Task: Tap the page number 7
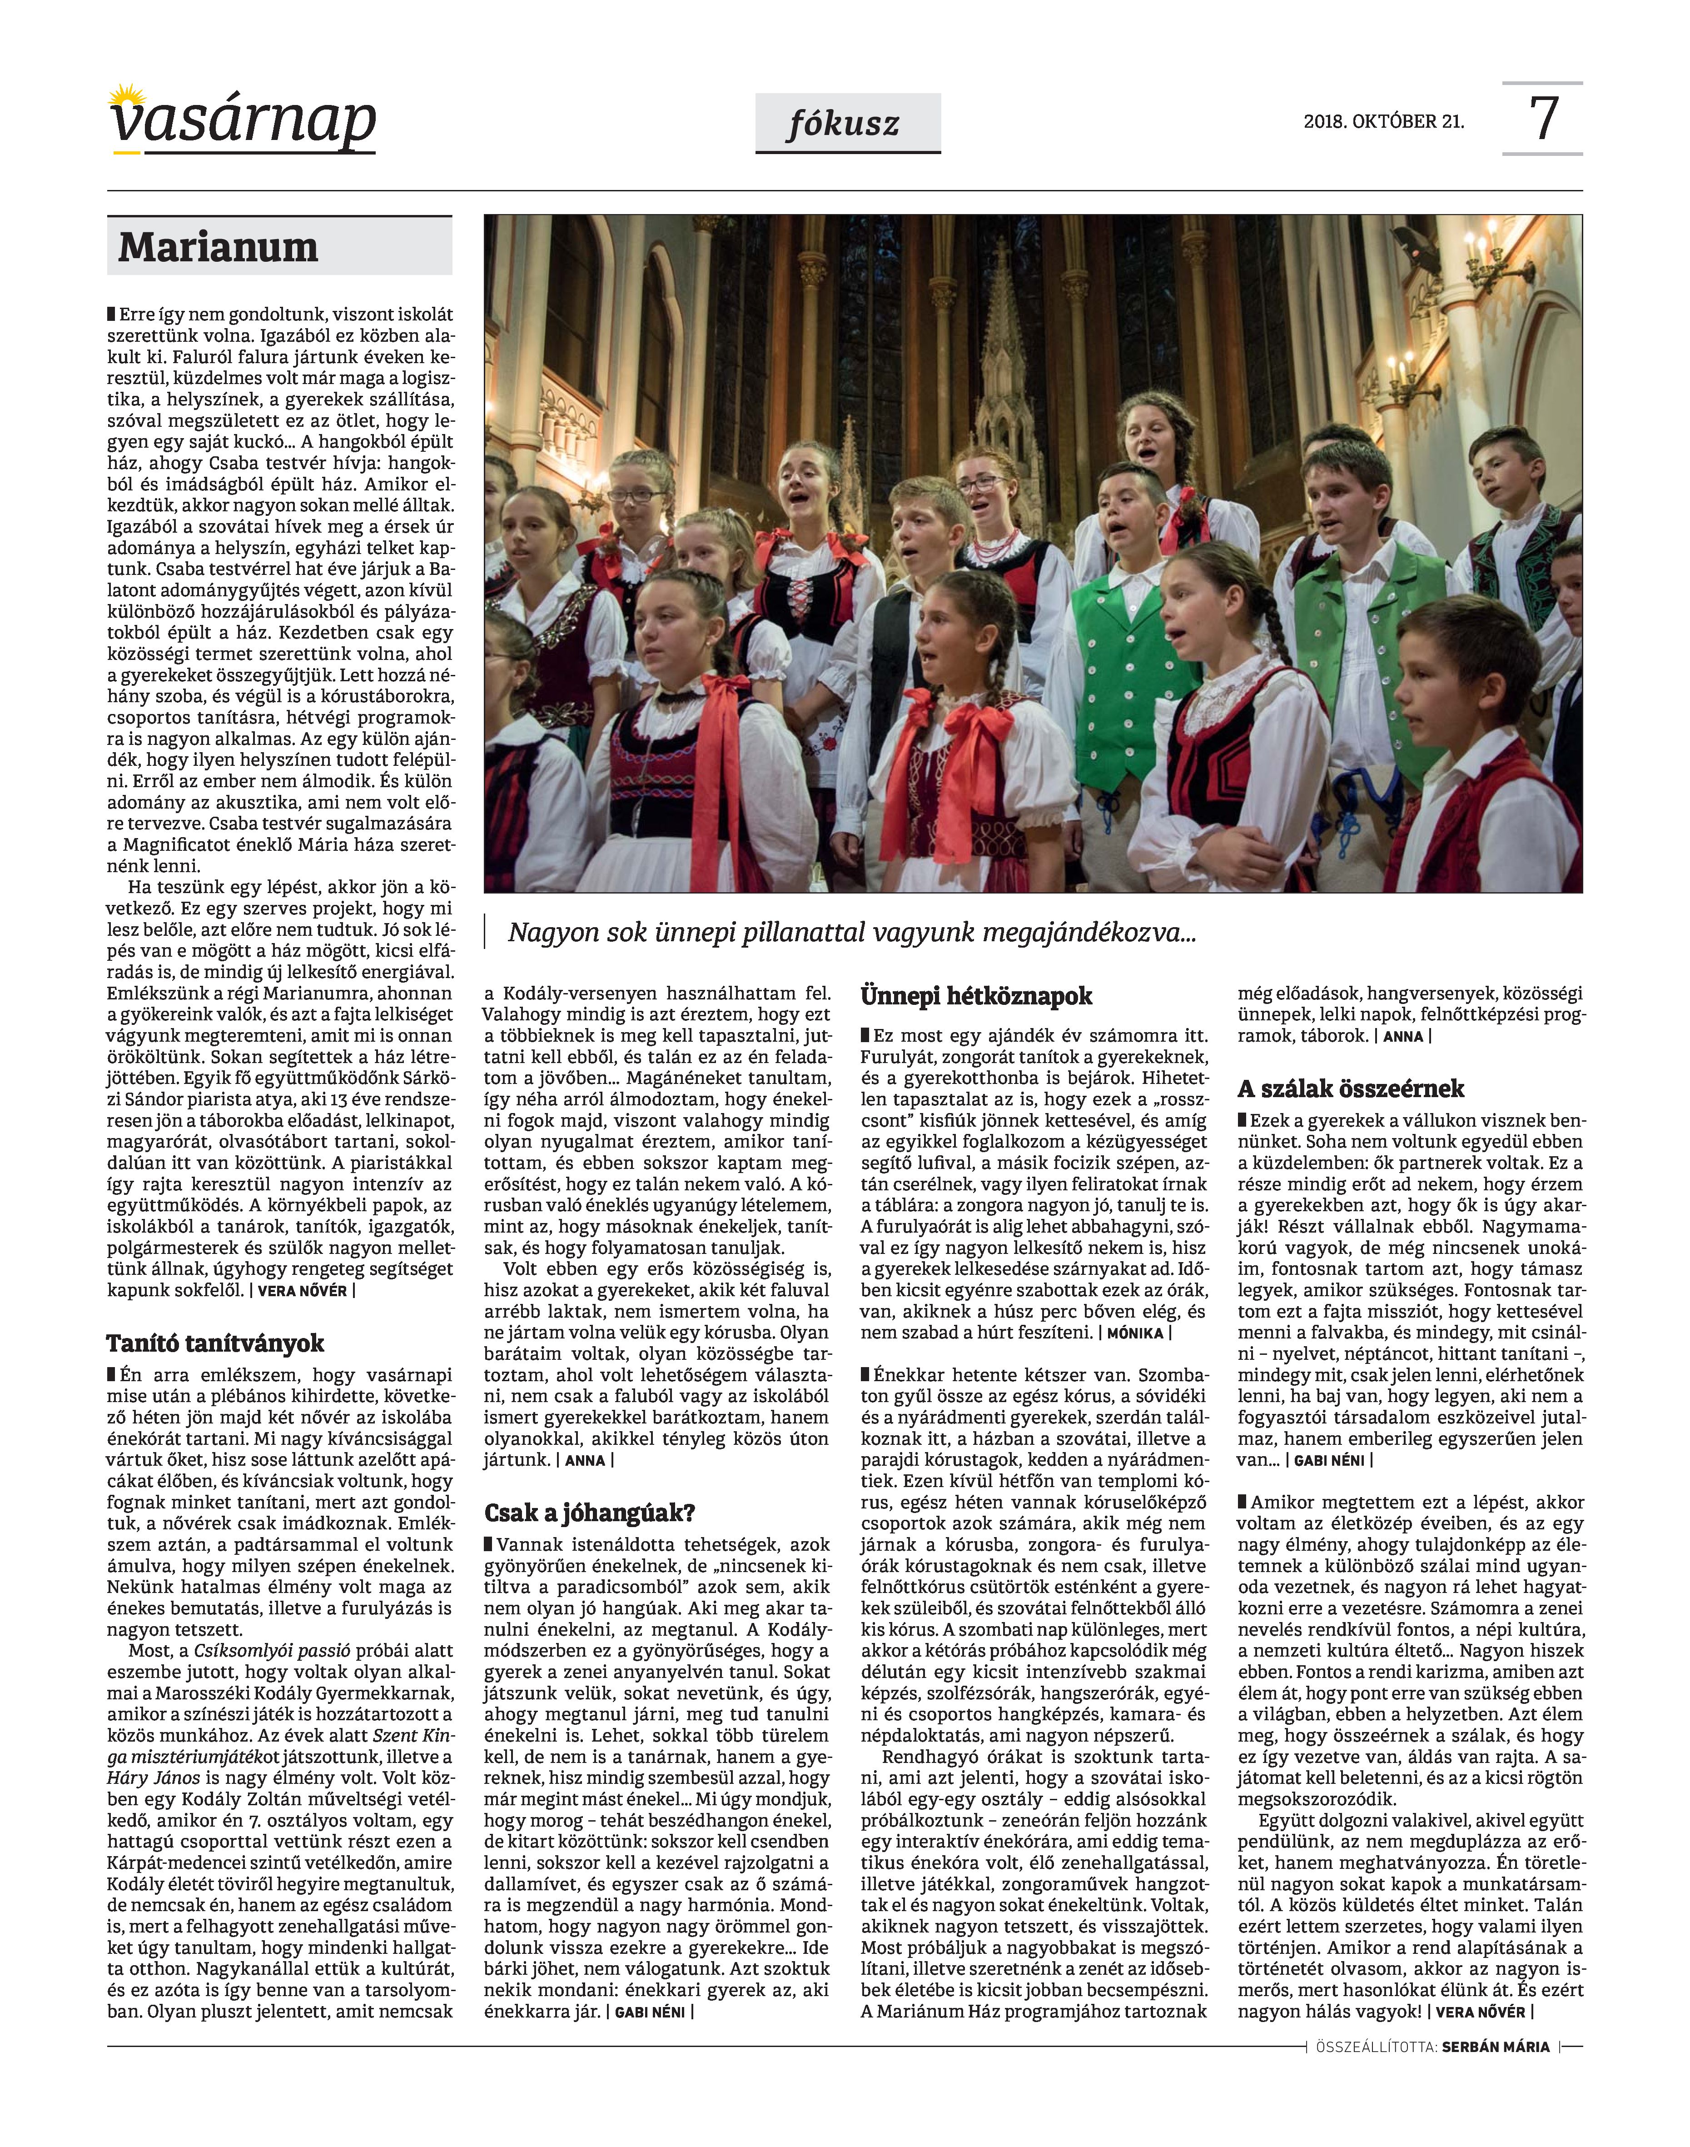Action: pos(1544,119)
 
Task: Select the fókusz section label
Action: pos(847,124)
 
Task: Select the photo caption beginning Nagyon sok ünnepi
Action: pos(851,933)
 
